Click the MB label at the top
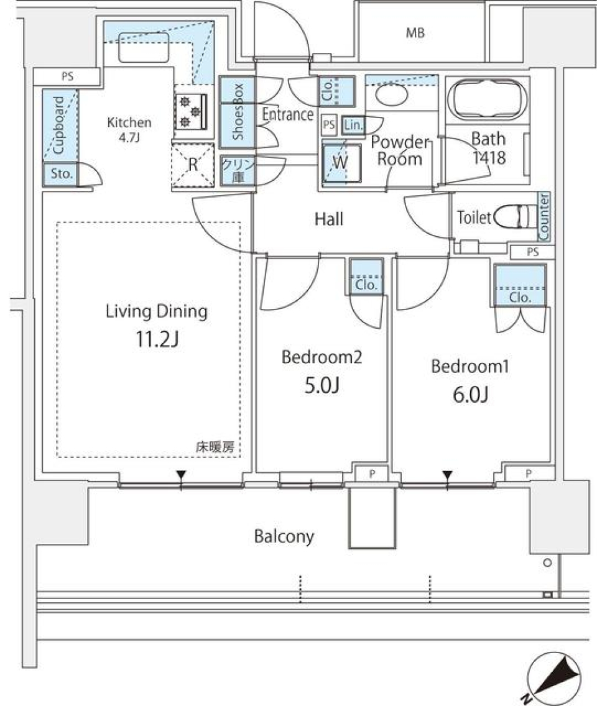click(415, 34)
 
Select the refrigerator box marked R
click(193, 165)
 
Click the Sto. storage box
click(58, 175)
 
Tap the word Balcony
click(284, 536)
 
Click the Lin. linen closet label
click(353, 126)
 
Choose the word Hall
click(329, 219)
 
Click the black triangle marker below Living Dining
click(181, 476)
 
